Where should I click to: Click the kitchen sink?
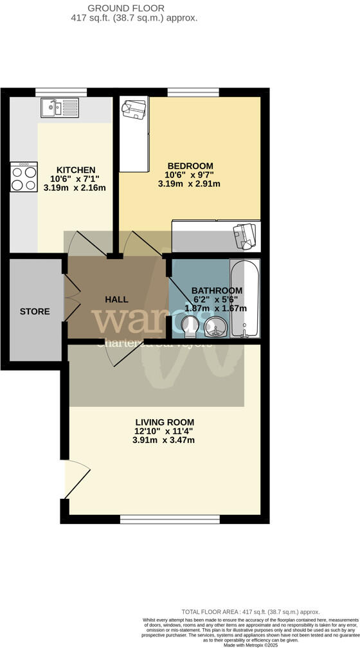tap(59, 107)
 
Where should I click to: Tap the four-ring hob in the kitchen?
tap(23, 175)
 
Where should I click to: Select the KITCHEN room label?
tap(75, 170)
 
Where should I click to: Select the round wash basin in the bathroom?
tap(215, 328)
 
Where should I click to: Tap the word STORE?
tap(35, 312)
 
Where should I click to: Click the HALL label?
tap(116, 300)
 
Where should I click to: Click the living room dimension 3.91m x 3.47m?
tap(163, 440)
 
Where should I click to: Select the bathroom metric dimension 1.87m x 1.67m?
tap(216, 309)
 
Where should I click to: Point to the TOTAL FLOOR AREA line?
tap(249, 612)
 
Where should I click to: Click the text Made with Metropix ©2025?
tap(249, 645)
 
